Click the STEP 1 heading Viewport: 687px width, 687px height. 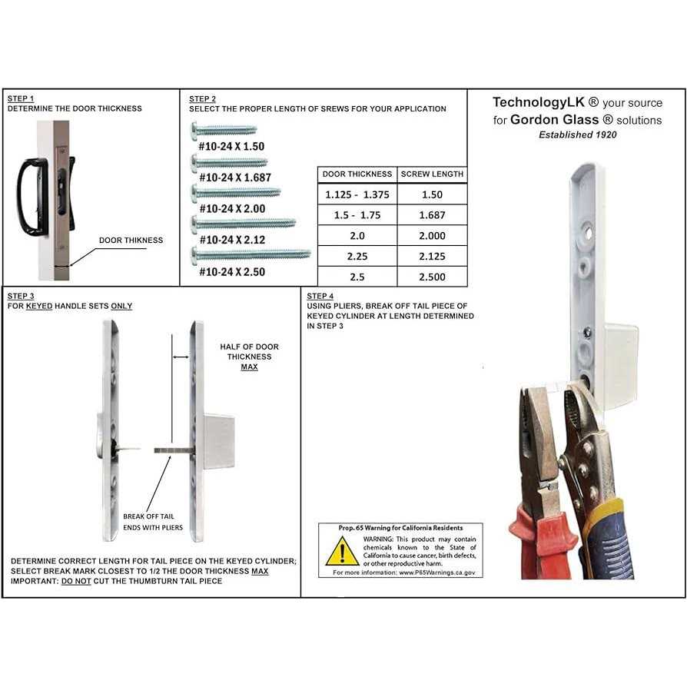[21, 99]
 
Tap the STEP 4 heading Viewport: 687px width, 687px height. [320, 296]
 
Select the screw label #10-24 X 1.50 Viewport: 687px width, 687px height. [231, 145]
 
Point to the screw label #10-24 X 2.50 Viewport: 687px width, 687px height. [231, 271]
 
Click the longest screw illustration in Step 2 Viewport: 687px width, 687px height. [251, 254]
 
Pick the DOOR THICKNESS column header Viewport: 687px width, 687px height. [357, 174]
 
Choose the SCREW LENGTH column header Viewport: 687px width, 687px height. [432, 174]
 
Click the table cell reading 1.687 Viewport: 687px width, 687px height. [432, 216]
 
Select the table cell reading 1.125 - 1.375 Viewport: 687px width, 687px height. [357, 195]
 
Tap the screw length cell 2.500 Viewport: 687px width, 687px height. [432, 277]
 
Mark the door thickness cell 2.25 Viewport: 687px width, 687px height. [357, 257]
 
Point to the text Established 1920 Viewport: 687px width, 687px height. [577, 134]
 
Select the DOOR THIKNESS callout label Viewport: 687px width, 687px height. [131, 241]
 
